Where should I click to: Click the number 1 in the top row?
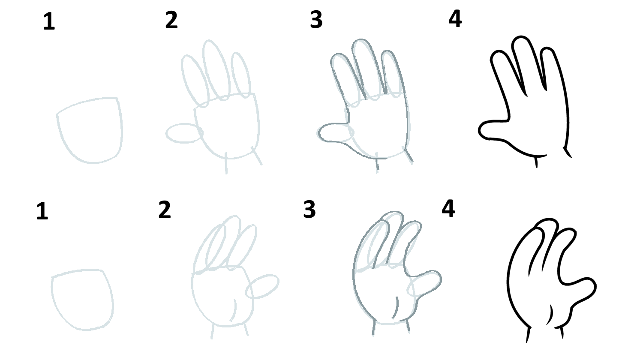49,22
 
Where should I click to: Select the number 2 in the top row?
171,20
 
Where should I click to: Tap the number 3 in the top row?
316,20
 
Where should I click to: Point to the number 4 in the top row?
455,19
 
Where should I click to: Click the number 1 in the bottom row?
42,212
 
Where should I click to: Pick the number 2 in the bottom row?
165,210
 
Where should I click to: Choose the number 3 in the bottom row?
309,209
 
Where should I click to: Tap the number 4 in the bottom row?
448,209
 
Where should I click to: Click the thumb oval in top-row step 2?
184,133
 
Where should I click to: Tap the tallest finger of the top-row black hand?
525,60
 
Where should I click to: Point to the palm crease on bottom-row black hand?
550,315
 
